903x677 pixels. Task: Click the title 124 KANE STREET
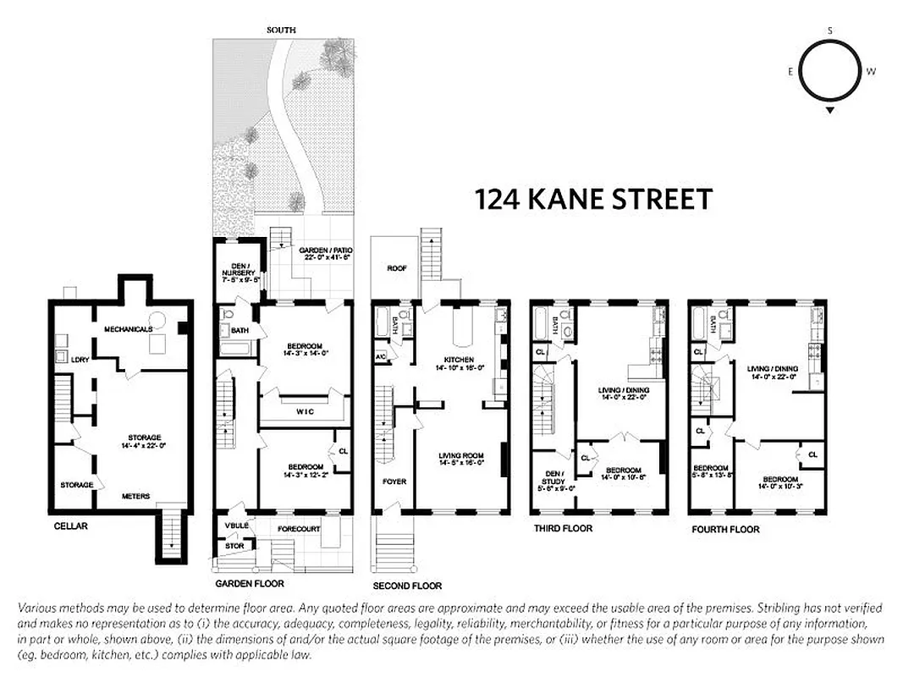(x=592, y=200)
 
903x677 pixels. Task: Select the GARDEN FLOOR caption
(x=249, y=583)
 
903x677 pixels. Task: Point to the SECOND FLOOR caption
(x=407, y=586)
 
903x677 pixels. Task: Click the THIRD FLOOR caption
(x=563, y=528)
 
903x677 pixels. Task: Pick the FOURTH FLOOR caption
(x=724, y=530)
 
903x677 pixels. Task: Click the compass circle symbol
(x=830, y=72)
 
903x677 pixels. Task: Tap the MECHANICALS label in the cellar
(x=128, y=328)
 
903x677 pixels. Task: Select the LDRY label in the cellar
(x=80, y=359)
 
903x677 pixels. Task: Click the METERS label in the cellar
(x=136, y=496)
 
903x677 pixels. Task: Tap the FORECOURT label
(x=300, y=530)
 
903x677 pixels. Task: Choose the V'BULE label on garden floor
(x=236, y=526)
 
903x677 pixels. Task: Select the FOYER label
(x=394, y=482)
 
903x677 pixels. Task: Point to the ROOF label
(x=397, y=267)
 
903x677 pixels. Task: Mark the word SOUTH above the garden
(x=281, y=30)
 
